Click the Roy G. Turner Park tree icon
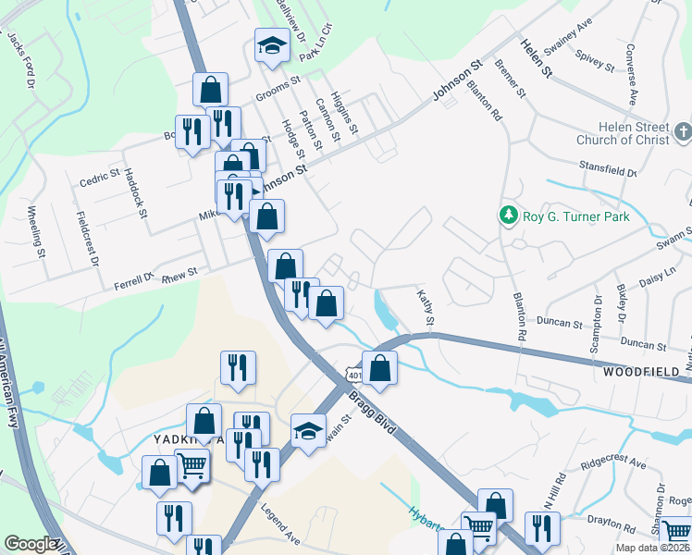coord(507,216)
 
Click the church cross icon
coord(682,130)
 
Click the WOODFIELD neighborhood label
coord(647,372)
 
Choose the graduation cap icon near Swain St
coord(308,430)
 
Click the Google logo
coord(30,544)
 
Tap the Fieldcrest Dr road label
coord(89,240)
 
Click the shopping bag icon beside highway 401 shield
coord(379,367)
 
